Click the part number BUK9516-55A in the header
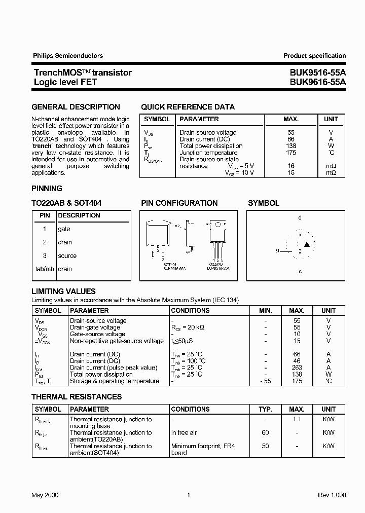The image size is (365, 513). (318, 72)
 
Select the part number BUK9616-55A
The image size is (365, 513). (318, 82)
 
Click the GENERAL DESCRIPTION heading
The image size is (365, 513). (76, 107)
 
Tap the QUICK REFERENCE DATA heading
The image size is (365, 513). (188, 107)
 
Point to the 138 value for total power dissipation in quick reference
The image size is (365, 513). (291, 146)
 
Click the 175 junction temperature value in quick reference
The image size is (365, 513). (291, 153)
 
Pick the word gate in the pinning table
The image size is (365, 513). (64, 229)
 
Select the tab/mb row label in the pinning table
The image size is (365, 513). (45, 269)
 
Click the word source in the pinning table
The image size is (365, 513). (67, 256)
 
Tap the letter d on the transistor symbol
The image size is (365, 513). (300, 217)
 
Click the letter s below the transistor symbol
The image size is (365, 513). (300, 271)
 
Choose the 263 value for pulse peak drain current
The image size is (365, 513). (297, 368)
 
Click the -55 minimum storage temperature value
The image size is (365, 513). (265, 381)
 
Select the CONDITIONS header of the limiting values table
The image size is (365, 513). (190, 310)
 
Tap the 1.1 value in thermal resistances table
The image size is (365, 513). (297, 419)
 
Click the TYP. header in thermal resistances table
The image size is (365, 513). (265, 409)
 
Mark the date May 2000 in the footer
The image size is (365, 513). (45, 495)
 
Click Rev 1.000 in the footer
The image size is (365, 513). (332, 495)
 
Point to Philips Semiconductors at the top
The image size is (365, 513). (68, 56)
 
